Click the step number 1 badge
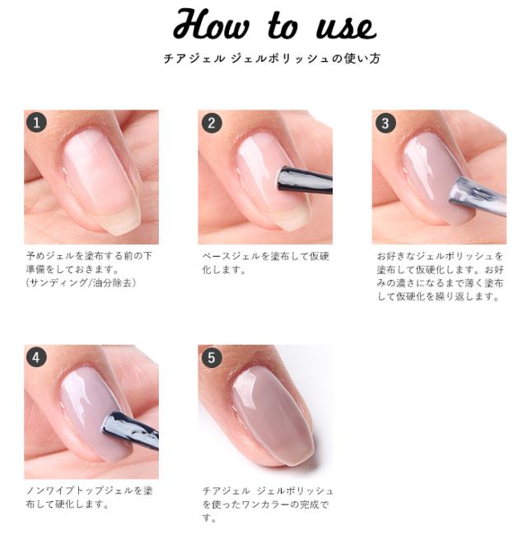point(36,123)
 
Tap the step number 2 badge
point(212,123)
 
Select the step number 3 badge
point(385,123)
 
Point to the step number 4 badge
point(36,357)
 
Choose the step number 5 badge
point(212,357)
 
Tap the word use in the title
point(346,28)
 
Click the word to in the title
point(282,26)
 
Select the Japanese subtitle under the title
point(272,58)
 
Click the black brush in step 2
point(304,179)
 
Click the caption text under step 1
point(89,269)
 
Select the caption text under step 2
point(265,263)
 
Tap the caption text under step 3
point(440,277)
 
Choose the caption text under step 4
point(90,497)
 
